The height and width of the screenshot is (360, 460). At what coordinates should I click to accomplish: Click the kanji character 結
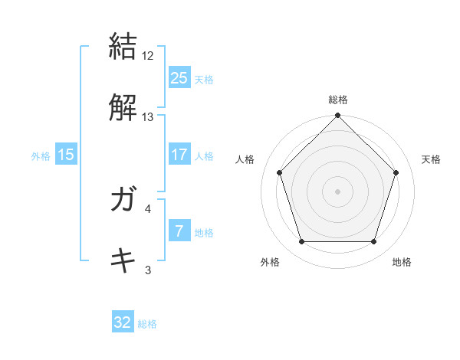pos(123,46)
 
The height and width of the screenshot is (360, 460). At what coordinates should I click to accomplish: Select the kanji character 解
pos(123,108)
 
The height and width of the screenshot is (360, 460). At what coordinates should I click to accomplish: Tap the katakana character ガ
pos(123,200)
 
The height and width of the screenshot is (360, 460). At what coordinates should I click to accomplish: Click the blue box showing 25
pos(179,78)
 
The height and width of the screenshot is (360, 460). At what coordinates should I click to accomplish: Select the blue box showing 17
pos(179,155)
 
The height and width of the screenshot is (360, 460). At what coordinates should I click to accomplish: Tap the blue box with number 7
pos(179,231)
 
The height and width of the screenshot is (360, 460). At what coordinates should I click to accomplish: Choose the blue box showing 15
pos(66,155)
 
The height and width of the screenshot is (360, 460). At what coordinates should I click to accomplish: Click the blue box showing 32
pos(123,322)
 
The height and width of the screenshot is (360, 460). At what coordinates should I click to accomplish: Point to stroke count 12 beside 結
pos(148,56)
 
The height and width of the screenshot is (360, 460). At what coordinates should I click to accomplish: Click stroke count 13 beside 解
pos(148,117)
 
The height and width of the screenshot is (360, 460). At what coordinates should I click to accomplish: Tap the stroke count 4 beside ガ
pos(148,208)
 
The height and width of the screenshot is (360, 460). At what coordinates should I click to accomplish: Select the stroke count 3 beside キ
pos(148,269)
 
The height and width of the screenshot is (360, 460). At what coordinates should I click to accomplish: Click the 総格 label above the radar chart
pos(338,100)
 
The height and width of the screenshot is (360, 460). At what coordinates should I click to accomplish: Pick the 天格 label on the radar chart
pos(431,159)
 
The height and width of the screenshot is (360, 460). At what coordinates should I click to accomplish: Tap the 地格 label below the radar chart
pos(402,262)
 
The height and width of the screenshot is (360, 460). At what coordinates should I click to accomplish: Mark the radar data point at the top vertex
pos(338,116)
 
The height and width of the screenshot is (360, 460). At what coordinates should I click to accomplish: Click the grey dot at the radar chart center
pos(338,191)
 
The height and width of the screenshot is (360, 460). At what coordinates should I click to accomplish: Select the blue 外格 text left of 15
pos(41,155)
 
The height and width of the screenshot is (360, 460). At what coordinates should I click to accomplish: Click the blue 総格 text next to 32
pos(147,324)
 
